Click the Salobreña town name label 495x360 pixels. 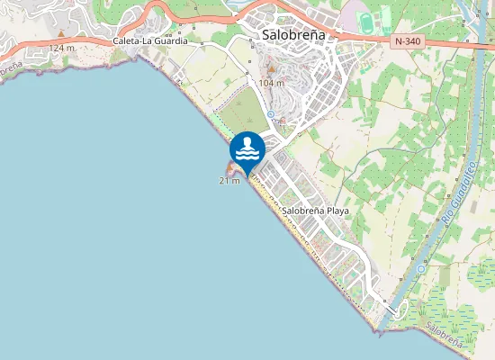[x=294, y=34]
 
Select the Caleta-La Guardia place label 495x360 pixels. [x=150, y=41]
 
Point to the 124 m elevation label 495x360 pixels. [x=62, y=47]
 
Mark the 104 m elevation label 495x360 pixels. [x=271, y=83]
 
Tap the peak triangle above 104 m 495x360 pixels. [x=271, y=70]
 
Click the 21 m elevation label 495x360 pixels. [x=229, y=181]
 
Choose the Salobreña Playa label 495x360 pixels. [x=315, y=211]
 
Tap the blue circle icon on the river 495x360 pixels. [x=421, y=268]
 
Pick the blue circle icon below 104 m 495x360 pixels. [x=270, y=113]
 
